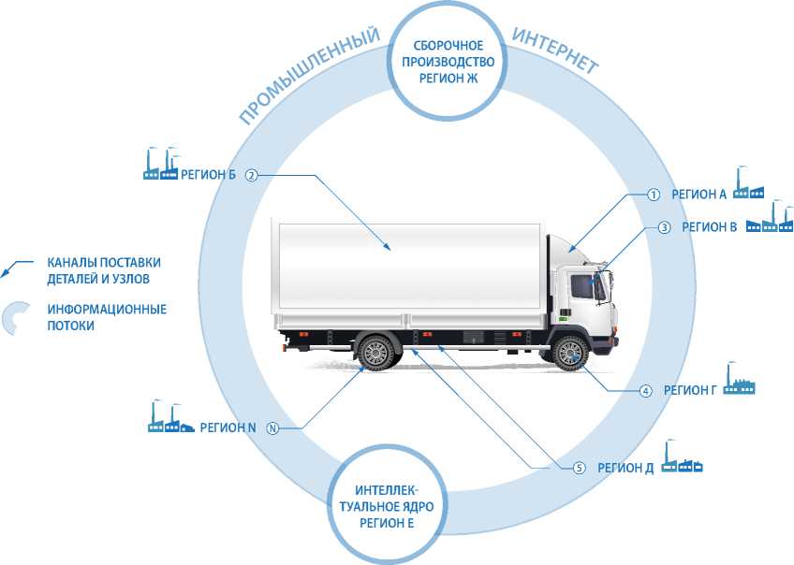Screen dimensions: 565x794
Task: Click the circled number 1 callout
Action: [x=654, y=195]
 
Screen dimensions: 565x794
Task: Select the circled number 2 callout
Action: [x=250, y=175]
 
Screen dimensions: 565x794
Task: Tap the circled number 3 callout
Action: [x=663, y=226]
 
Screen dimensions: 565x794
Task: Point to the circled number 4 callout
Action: [x=645, y=390]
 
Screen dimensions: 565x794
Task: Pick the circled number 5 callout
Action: [x=579, y=467]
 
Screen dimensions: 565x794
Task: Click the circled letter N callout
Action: [x=272, y=427]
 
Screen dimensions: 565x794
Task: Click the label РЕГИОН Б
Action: [x=208, y=175]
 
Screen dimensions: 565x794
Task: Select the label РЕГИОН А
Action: [x=698, y=195]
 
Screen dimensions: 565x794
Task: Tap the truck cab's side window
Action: [x=581, y=285]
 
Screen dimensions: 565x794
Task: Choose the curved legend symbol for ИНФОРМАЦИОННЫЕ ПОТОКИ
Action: [x=16, y=318]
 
